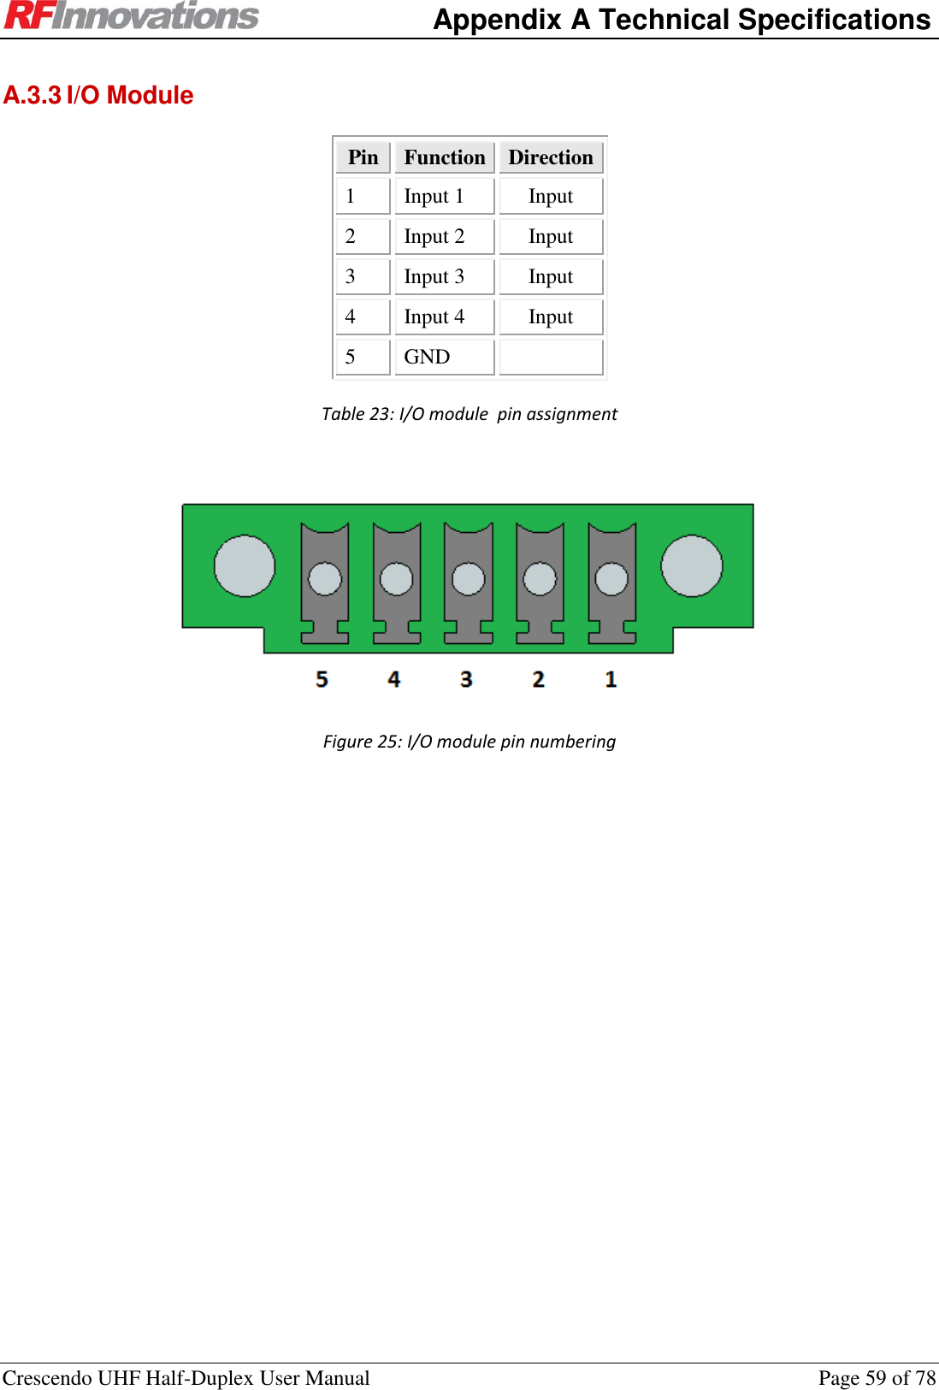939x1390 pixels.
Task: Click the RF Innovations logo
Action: [x=131, y=16]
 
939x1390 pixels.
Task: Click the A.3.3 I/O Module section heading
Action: [x=98, y=95]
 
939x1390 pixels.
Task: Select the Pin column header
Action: [x=363, y=157]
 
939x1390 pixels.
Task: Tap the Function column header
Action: [x=444, y=157]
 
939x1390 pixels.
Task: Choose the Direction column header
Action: [x=551, y=157]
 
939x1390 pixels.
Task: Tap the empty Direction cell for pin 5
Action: [x=551, y=357]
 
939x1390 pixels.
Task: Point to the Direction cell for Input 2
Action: [x=551, y=237]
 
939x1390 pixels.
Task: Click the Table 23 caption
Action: [x=469, y=414]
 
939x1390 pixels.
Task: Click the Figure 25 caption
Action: [x=469, y=742]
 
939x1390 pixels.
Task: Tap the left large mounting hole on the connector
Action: [x=245, y=565]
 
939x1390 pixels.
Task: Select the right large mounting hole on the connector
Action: [x=692, y=565]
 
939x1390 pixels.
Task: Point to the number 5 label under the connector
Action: [x=322, y=679]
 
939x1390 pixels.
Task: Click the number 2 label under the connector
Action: [x=538, y=679]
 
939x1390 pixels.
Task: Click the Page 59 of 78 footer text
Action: [x=877, y=1378]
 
